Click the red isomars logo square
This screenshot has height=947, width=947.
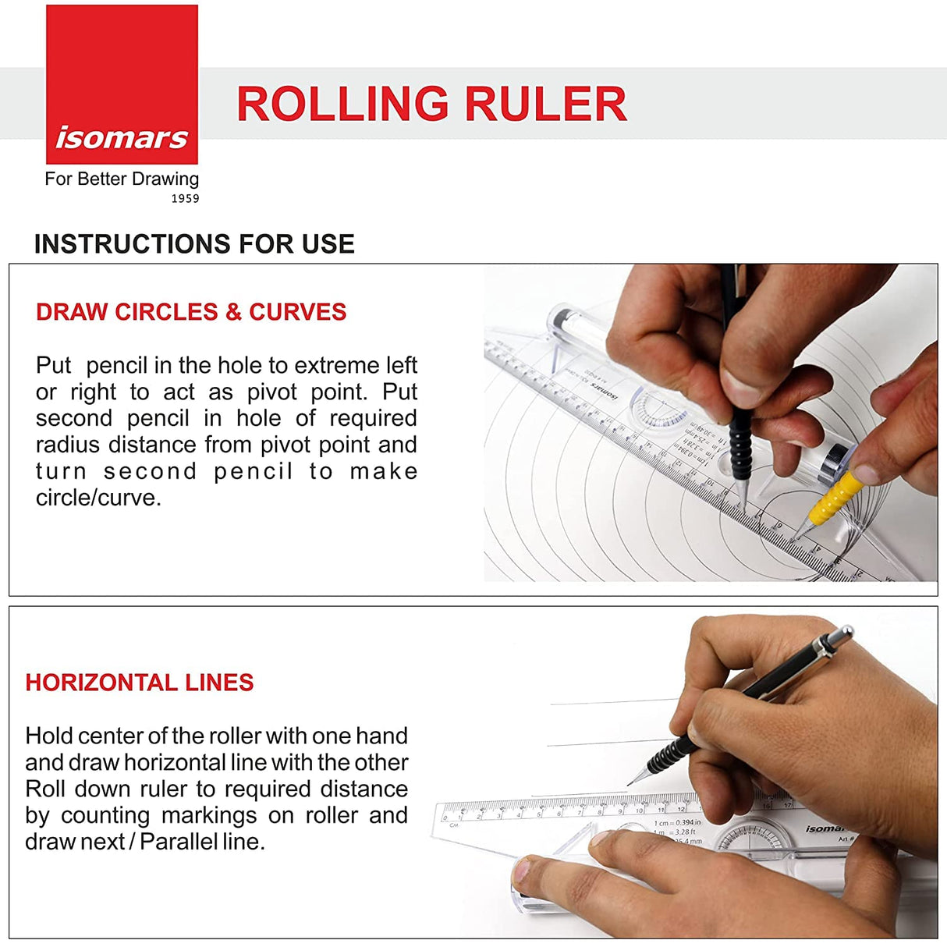click(x=122, y=84)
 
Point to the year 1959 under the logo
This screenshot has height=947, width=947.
click(x=185, y=199)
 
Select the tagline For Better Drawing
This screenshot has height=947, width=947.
click(x=122, y=179)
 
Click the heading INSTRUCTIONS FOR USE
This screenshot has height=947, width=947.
click(x=194, y=244)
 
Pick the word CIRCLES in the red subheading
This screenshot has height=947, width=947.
click(x=165, y=312)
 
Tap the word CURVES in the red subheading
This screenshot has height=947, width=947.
click(x=297, y=312)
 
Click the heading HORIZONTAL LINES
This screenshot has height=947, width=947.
click(x=140, y=683)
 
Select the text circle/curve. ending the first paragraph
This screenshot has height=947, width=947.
click(x=98, y=498)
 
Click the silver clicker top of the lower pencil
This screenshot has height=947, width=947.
click(x=838, y=637)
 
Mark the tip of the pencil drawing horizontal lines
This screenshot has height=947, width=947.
click(x=630, y=783)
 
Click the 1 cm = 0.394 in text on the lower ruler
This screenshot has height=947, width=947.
click(x=677, y=822)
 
